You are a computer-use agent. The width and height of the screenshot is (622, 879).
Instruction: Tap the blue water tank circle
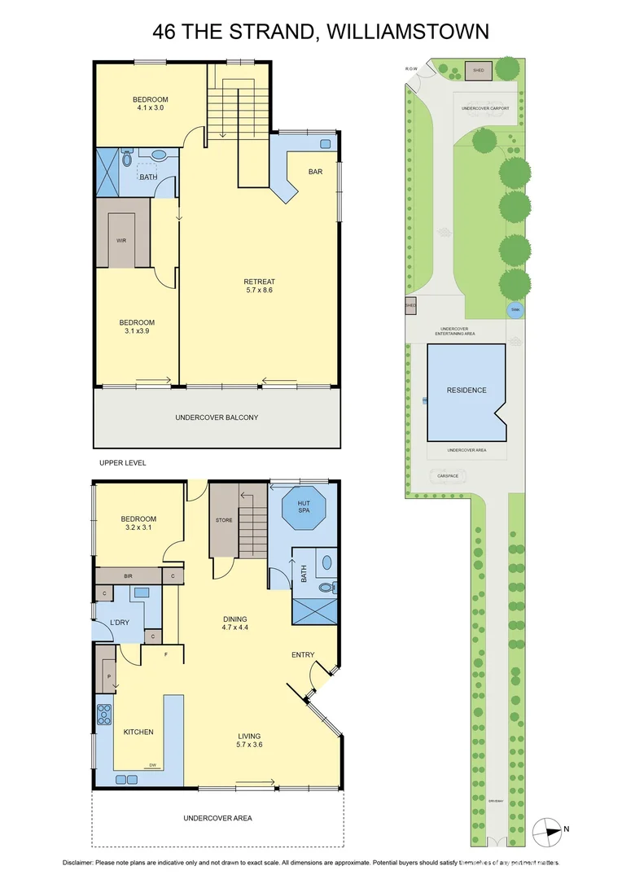coord(515,309)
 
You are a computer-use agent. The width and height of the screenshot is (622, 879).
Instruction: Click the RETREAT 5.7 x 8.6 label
coord(259,285)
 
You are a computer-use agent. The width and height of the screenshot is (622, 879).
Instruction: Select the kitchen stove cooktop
coord(104,714)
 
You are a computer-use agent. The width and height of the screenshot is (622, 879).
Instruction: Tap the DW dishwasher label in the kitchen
coord(152,765)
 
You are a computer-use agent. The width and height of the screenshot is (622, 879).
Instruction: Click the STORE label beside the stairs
coord(224,520)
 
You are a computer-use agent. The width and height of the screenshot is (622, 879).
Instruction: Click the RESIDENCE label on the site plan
coord(466,390)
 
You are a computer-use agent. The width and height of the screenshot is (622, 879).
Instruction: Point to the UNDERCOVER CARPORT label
coord(485,107)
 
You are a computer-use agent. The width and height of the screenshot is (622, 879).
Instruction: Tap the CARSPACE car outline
coord(445,477)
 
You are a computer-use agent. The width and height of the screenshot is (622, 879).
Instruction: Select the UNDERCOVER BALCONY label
coord(217,418)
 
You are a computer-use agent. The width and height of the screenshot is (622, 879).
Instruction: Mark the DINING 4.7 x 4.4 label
coord(235,623)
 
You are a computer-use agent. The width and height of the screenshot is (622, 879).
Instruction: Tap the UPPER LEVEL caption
coord(122,462)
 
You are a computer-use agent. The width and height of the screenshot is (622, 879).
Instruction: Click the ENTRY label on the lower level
coord(303,654)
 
